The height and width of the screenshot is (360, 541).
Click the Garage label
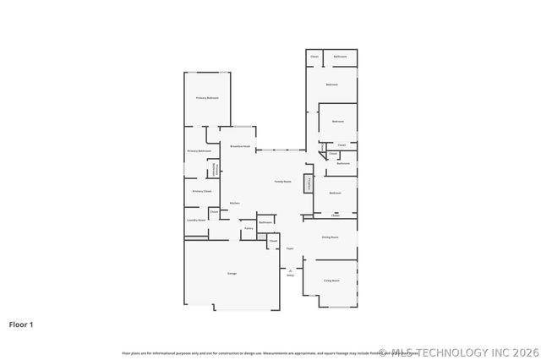pyautogui.click(x=232, y=273)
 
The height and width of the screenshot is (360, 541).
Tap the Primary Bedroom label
pyautogui.click(x=207, y=98)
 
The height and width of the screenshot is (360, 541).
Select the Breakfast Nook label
pyautogui.click(x=240, y=146)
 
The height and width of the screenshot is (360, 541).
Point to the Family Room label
pyautogui.click(x=282, y=182)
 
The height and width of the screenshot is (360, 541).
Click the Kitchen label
pyautogui.click(x=234, y=203)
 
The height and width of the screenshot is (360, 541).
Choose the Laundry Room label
pyautogui.click(x=196, y=220)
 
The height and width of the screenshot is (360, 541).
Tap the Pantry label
pyautogui.click(x=249, y=228)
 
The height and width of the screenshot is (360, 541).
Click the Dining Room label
pyautogui.click(x=330, y=237)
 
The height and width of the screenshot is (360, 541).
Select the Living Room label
pyautogui.click(x=331, y=280)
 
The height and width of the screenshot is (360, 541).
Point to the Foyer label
pyautogui.click(x=289, y=248)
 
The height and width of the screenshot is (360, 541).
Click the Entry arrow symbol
pyautogui.click(x=290, y=270)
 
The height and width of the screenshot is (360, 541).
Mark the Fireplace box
pyautogui.click(x=309, y=183)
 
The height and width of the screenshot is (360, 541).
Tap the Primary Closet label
pyautogui.click(x=201, y=191)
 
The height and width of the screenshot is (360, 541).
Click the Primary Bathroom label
pyautogui.click(x=199, y=150)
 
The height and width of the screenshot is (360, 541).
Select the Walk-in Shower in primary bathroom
pyautogui.click(x=216, y=169)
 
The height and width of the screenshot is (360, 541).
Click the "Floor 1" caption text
pyautogui.click(x=21, y=324)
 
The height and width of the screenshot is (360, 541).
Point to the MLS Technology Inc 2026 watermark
pyautogui.click(x=459, y=352)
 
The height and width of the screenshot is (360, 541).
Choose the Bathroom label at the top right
pyautogui.click(x=340, y=56)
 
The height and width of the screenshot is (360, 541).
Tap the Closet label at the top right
pyautogui.click(x=314, y=56)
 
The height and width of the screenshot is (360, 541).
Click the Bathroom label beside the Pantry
pyautogui.click(x=265, y=222)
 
